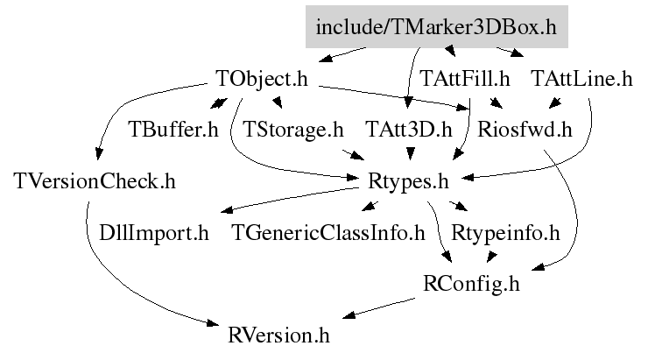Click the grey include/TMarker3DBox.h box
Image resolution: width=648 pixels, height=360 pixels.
click(x=437, y=27)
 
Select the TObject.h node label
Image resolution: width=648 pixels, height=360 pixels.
click(x=262, y=79)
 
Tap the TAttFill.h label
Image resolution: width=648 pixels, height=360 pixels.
click(x=464, y=78)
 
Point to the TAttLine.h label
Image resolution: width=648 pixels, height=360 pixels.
click(x=581, y=78)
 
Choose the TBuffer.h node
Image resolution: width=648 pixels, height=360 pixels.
click(x=173, y=130)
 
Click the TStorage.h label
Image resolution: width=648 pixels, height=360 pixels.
click(x=293, y=130)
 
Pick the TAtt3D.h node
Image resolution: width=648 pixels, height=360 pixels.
click(x=409, y=130)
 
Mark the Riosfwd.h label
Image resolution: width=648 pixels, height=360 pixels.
click(x=525, y=130)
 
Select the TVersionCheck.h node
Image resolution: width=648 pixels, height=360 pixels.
click(x=95, y=181)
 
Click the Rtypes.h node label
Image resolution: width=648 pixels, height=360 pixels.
click(x=408, y=182)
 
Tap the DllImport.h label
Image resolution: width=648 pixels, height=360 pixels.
click(x=154, y=233)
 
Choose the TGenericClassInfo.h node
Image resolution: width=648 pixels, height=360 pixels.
click(x=328, y=233)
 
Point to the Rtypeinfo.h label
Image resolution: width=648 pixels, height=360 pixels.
click(x=505, y=233)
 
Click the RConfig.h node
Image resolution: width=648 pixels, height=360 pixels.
click(x=471, y=284)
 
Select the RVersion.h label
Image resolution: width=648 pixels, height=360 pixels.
click(x=278, y=335)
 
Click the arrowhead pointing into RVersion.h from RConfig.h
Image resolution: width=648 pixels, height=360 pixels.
click(x=349, y=315)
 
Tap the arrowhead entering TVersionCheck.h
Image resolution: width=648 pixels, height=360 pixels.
click(x=98, y=154)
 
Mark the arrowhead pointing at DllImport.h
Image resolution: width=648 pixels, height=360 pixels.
click(x=228, y=209)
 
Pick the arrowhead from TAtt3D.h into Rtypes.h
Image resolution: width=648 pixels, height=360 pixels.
click(x=410, y=154)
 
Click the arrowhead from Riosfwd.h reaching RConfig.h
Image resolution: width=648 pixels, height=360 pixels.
click(x=539, y=267)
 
